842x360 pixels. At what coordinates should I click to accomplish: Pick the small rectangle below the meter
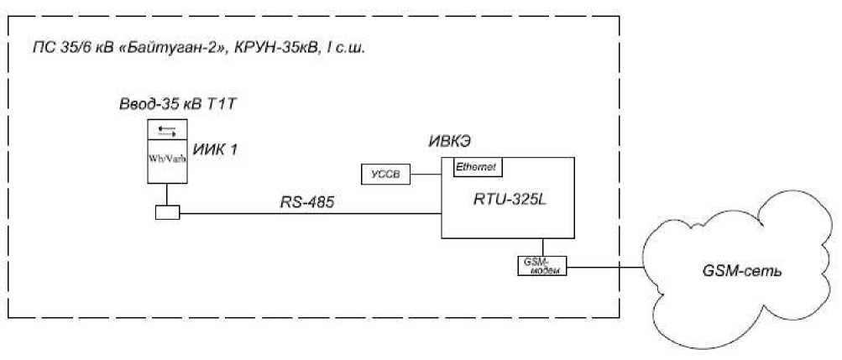[168, 214]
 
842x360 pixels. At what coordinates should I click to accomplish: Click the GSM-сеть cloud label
[738, 274]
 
